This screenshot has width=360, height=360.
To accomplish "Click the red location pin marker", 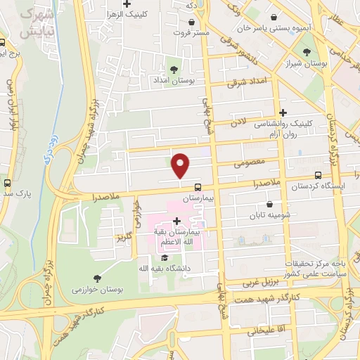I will point(181,165).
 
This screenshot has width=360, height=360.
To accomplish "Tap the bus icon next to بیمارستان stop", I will point(198,187).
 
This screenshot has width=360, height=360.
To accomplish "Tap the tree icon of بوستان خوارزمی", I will point(96,278).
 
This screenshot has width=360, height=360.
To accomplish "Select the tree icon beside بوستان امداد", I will point(174,69).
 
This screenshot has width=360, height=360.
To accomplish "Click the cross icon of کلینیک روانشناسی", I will point(283,112).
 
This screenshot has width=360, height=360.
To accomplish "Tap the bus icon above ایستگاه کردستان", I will point(319,175).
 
